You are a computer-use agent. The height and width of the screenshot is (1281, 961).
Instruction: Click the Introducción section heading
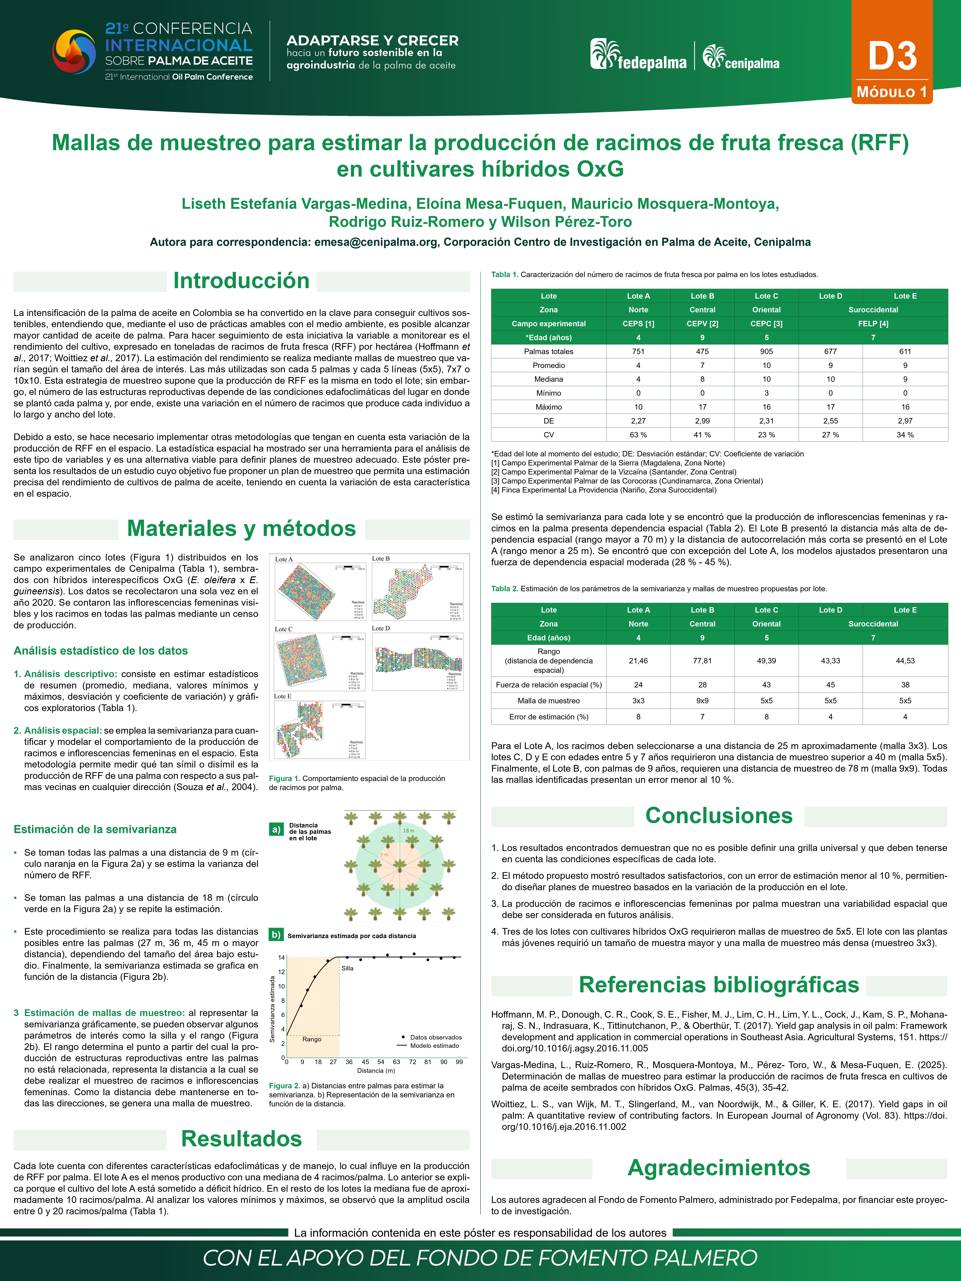tap(242, 281)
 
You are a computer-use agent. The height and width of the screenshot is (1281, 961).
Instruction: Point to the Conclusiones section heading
tap(719, 815)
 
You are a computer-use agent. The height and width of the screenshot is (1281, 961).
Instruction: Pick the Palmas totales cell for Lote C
tap(766, 352)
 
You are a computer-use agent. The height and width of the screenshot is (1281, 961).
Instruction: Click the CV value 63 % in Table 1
tap(638, 435)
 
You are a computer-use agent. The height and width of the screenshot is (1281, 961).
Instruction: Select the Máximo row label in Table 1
tap(549, 407)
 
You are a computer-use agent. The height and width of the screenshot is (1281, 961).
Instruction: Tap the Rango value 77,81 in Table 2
tap(702, 661)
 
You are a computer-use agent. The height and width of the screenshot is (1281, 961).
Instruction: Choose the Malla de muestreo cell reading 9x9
tap(702, 701)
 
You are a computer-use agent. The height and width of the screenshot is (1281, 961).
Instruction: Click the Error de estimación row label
tap(549, 717)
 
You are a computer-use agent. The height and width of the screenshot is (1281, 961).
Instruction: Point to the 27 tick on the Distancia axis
tap(333, 1062)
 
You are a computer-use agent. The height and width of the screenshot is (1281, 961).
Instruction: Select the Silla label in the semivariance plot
tap(348, 968)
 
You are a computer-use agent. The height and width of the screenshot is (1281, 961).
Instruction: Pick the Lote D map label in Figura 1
tap(381, 628)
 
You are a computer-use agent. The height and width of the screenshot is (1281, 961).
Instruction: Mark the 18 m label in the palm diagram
tap(408, 830)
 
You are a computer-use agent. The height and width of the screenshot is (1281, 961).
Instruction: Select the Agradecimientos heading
tap(719, 1167)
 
